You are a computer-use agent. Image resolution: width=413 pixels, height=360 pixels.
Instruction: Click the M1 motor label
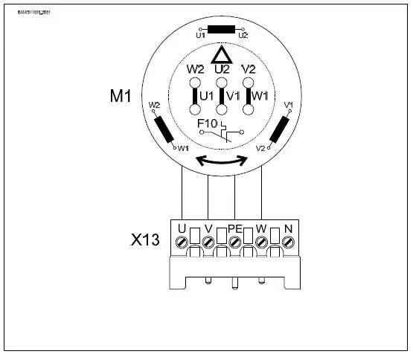click(121, 97)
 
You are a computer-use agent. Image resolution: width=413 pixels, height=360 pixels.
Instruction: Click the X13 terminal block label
click(146, 241)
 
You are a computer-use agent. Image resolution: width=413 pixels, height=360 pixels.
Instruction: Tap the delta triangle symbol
click(221, 56)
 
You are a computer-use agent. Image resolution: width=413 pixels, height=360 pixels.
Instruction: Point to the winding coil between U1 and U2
click(221, 30)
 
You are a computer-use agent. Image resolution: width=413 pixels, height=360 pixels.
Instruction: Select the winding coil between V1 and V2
click(278, 129)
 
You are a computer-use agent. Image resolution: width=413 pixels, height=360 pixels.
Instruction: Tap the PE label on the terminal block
click(235, 227)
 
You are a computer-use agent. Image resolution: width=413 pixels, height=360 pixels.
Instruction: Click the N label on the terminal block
click(287, 227)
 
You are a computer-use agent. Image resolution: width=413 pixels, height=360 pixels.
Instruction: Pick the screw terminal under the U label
click(182, 242)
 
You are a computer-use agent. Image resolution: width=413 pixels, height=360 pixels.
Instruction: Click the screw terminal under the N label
click(288, 242)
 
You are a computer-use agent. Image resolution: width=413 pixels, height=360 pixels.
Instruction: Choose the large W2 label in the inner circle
click(195, 68)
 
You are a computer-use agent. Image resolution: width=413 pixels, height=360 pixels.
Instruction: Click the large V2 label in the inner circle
click(249, 68)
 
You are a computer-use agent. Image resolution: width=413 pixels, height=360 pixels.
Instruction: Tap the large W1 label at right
click(261, 96)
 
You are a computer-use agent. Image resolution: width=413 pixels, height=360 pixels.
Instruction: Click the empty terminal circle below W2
click(195, 109)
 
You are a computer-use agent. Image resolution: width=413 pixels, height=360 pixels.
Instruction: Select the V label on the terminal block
click(208, 227)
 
